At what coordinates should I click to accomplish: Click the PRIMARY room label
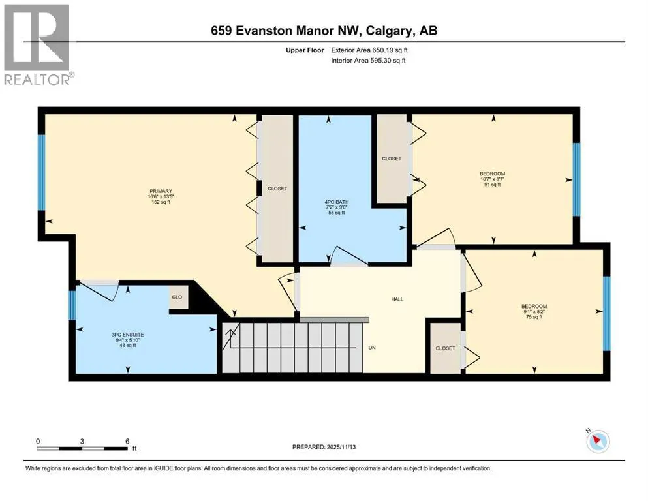161,191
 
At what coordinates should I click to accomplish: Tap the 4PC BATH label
336,202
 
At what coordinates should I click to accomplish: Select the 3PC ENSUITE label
128,335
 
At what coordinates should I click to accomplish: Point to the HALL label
397,299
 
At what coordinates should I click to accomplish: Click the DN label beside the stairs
372,348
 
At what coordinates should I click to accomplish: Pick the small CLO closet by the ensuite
177,297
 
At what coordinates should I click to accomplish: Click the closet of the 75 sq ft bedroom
446,348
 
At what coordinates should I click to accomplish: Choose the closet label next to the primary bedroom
277,189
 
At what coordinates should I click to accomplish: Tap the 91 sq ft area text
493,185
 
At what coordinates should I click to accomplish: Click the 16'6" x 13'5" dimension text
161,196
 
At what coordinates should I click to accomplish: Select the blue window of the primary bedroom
41,173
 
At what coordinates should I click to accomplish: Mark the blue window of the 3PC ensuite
72,305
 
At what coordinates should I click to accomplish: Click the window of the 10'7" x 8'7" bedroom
576,179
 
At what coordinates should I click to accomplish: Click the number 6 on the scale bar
127,441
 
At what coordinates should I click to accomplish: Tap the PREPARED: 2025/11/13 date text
324,447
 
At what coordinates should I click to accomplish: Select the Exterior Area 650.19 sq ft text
369,50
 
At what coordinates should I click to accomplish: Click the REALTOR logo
37,44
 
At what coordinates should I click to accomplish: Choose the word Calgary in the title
389,31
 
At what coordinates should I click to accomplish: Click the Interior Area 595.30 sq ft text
368,60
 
